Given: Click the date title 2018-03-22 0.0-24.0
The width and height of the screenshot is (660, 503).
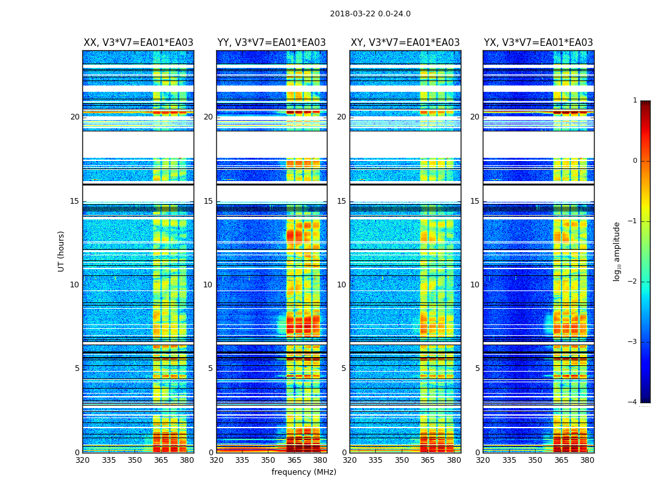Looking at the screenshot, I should point(370,14).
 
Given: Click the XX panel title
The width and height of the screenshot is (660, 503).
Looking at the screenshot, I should point(138,43).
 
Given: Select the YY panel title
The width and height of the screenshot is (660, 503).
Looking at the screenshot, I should point(272,43).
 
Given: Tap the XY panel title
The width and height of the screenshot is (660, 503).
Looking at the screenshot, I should point(405,43).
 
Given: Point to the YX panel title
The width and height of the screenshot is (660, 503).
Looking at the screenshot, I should point(538,43).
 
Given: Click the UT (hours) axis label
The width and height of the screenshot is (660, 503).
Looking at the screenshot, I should point(62,251).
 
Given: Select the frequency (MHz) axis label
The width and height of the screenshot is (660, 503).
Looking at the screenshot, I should point(304,472).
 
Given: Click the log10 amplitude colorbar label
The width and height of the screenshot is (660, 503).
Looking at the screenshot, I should point(617,251).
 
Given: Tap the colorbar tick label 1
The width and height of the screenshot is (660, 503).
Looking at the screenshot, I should point(634,101).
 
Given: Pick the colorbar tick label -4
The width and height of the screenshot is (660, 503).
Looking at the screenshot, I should point(633,402).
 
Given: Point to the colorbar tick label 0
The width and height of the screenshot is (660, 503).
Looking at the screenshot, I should point(634,161).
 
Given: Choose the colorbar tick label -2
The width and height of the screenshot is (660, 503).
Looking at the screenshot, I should point(633,282).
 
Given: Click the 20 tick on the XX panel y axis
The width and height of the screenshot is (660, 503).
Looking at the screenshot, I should point(75,117).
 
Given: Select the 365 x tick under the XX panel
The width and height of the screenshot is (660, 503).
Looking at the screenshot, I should point(161,460).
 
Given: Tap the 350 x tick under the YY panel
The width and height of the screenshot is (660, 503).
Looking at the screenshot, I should point(268,460).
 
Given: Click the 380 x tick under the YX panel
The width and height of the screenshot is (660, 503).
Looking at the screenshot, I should point(587,460).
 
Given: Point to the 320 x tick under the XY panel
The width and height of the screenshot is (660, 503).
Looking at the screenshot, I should point(349,460).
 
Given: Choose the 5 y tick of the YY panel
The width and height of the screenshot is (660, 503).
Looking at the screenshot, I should point(211,368).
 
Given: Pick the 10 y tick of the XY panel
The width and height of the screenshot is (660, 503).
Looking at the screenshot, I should point(341,285).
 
